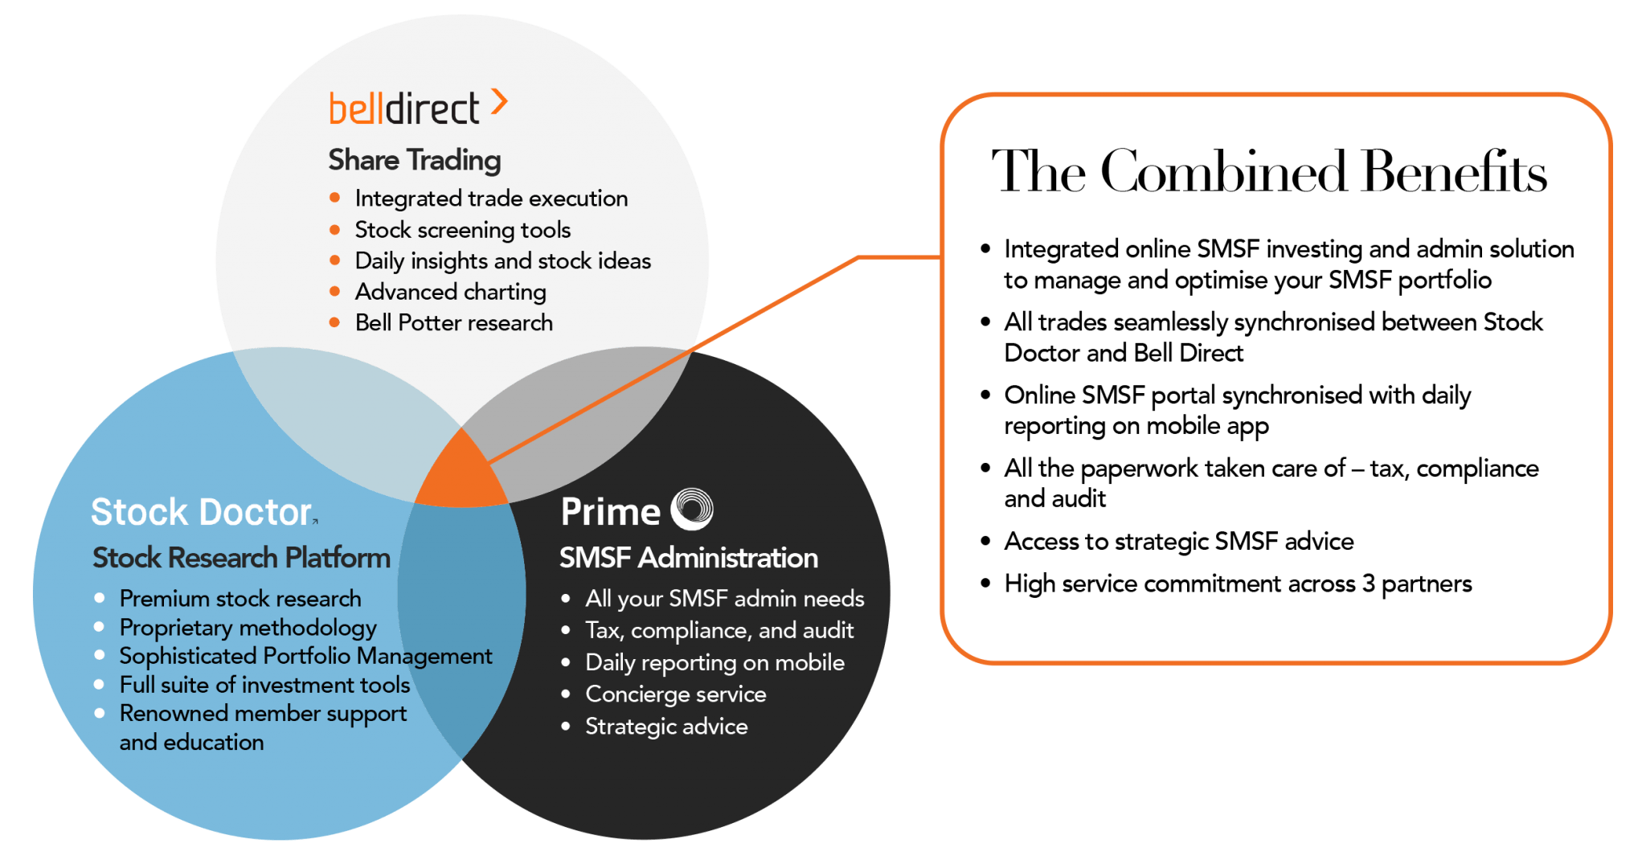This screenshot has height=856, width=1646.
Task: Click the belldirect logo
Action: (404, 109)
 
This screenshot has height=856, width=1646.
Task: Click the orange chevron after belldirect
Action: (499, 102)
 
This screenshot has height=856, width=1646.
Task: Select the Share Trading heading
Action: (414, 160)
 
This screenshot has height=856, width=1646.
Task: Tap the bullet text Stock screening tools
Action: (462, 230)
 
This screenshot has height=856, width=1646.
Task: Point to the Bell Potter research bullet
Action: (453, 323)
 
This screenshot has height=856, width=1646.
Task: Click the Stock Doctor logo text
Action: (201, 512)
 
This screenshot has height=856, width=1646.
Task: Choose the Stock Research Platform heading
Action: (241, 558)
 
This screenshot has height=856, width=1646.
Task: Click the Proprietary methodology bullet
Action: (248, 627)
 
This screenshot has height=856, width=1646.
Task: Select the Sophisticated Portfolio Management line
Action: (305, 656)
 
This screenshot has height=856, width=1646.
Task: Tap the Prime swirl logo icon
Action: (692, 510)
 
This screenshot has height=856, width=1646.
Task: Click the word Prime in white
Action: (610, 512)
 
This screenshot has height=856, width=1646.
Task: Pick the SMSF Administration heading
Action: (688, 558)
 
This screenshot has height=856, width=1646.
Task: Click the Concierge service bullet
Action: (675, 694)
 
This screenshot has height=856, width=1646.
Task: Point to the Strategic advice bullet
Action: (665, 727)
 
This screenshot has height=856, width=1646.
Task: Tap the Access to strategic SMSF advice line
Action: (1178, 542)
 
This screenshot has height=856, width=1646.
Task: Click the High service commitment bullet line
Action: (1238, 584)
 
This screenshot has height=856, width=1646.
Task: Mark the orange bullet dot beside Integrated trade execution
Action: (335, 198)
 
